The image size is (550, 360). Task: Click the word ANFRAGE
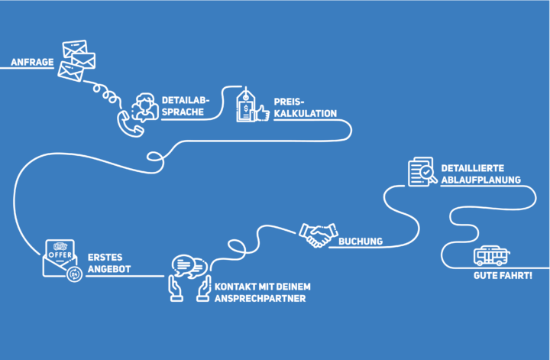pyautogui.click(x=32, y=62)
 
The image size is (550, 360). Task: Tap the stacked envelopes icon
pyautogui.click(x=76, y=60)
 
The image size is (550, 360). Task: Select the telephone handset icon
pyautogui.click(x=130, y=125)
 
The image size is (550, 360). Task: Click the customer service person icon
pyautogui.click(x=145, y=107)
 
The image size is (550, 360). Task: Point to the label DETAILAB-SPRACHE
pyautogui.click(x=186, y=106)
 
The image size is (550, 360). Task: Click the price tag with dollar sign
pyautogui.click(x=245, y=106)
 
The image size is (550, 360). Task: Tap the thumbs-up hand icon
pyautogui.click(x=263, y=113)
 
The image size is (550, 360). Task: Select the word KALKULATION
pyautogui.click(x=305, y=113)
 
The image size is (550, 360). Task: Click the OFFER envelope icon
pyautogui.click(x=60, y=258)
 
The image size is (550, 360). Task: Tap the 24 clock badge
pyautogui.click(x=74, y=274)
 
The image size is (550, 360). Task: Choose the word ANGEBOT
pyautogui.click(x=109, y=269)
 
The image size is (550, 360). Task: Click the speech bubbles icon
pyautogui.click(x=189, y=266)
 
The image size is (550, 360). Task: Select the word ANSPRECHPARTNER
pyautogui.click(x=260, y=298)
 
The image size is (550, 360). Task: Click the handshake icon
pyautogui.click(x=319, y=235)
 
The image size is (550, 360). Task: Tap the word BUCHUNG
pyautogui.click(x=361, y=242)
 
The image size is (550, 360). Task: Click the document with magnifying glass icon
pyautogui.click(x=422, y=171)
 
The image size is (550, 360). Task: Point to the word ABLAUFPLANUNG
pyautogui.click(x=481, y=180)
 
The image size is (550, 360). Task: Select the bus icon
pyautogui.click(x=491, y=256)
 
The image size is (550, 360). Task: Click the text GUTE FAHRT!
pyautogui.click(x=503, y=275)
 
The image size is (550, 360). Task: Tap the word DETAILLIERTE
pyautogui.click(x=473, y=168)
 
